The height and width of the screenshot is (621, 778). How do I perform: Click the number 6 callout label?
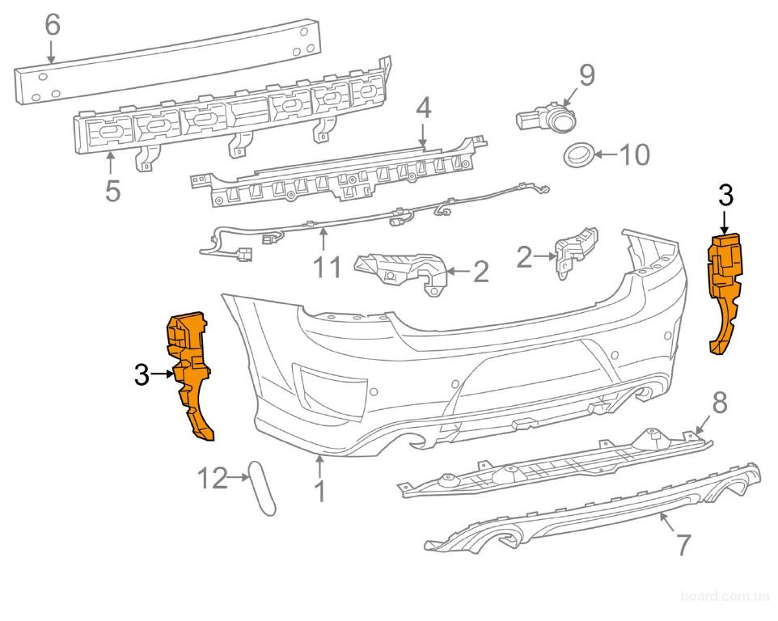click(52, 25)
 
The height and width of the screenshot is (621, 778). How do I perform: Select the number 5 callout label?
click(112, 190)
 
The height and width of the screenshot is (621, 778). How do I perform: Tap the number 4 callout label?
click(424, 108)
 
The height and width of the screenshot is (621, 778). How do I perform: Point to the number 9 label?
click(586, 75)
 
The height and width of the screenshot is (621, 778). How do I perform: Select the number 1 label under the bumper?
click(320, 491)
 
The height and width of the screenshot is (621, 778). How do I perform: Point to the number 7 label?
click(683, 544)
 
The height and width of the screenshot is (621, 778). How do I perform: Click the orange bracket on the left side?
click(192, 376)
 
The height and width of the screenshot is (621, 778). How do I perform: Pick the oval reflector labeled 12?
click(263, 488)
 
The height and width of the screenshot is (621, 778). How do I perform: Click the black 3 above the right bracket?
click(725, 195)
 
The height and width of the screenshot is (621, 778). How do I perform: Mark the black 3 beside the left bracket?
click(142, 374)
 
